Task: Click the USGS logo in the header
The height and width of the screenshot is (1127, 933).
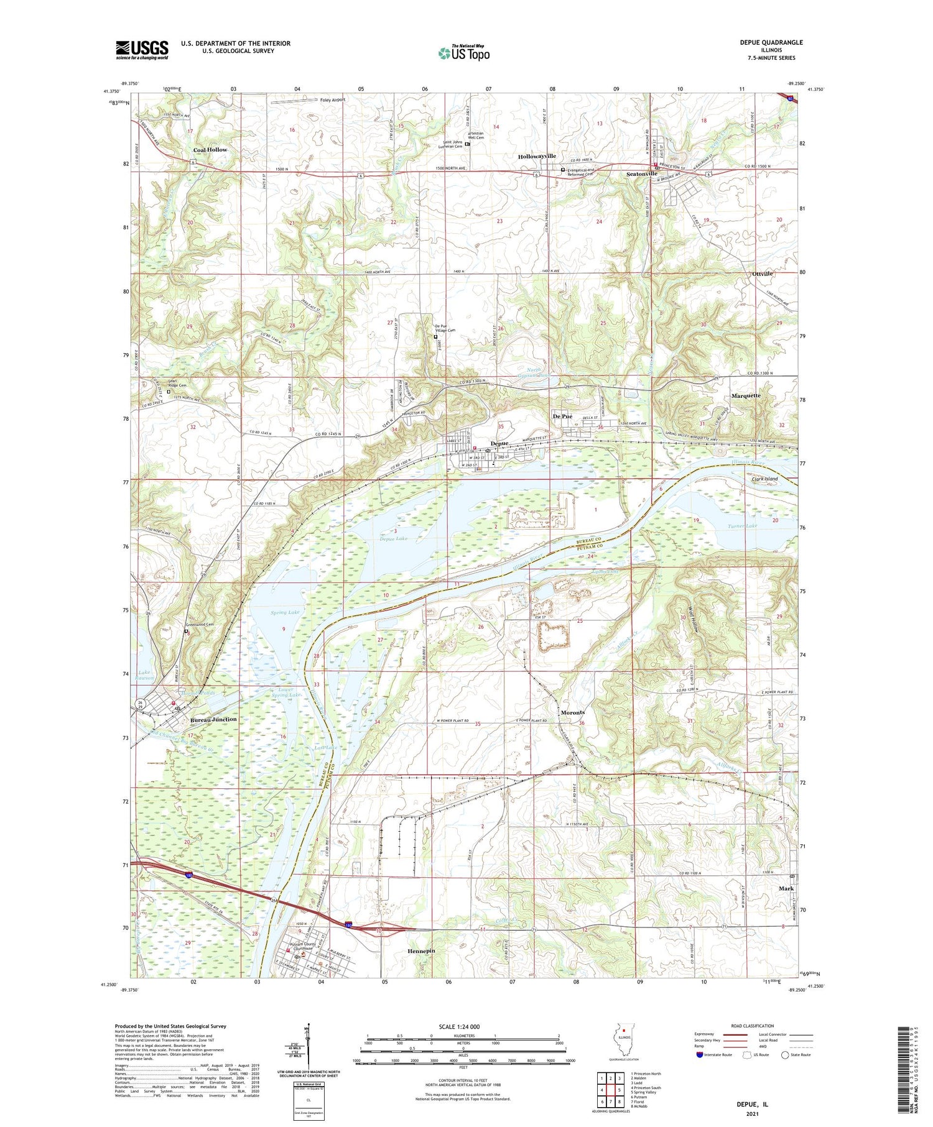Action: tap(142, 50)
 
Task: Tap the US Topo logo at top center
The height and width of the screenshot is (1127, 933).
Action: tap(463, 53)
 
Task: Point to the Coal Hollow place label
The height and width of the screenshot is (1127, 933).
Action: tap(210, 150)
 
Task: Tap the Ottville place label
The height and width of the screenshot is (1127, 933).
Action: tap(762, 274)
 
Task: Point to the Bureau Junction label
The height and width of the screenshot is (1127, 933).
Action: tap(213, 719)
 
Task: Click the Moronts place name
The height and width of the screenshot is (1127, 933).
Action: tap(572, 712)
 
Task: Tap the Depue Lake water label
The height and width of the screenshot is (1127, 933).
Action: tap(393, 538)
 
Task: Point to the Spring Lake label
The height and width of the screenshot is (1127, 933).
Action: tap(285, 612)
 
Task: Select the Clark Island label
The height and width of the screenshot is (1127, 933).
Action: tap(764, 479)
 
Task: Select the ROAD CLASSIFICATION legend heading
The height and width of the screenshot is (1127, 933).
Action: tap(753, 1026)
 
